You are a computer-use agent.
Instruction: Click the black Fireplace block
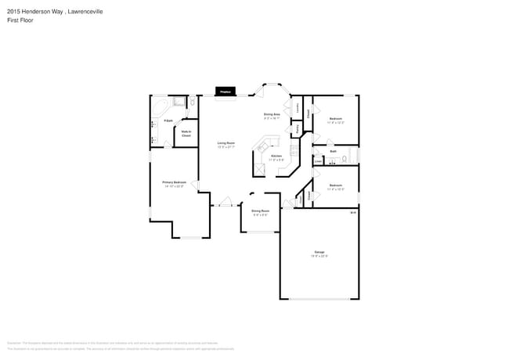pos(223,92)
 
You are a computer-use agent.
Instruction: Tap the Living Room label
pos(226,143)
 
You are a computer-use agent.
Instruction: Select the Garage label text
pos(319,252)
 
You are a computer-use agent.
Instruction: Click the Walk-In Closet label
pos(187,133)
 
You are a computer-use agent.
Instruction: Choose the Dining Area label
pos(272,114)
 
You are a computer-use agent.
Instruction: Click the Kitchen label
pos(276,157)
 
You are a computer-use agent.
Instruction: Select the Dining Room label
pos(260,211)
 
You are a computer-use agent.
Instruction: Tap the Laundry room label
pos(297,108)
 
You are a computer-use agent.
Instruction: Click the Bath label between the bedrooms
pos(333,151)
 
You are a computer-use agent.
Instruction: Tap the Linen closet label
pos(318,162)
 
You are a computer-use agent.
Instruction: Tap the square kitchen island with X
pos(259,168)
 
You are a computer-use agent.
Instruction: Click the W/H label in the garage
pos(352,212)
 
